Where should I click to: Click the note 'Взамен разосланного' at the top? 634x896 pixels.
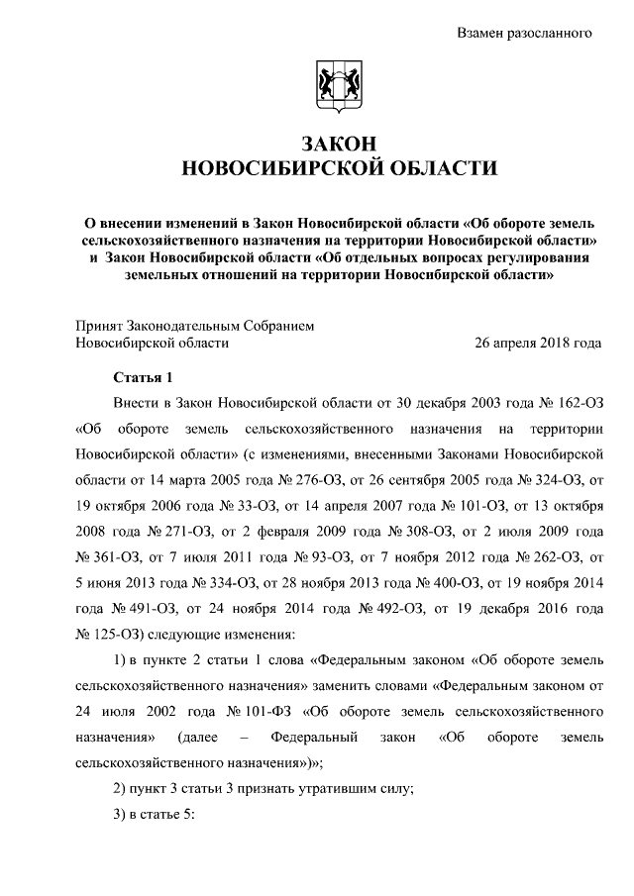[x=523, y=33]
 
